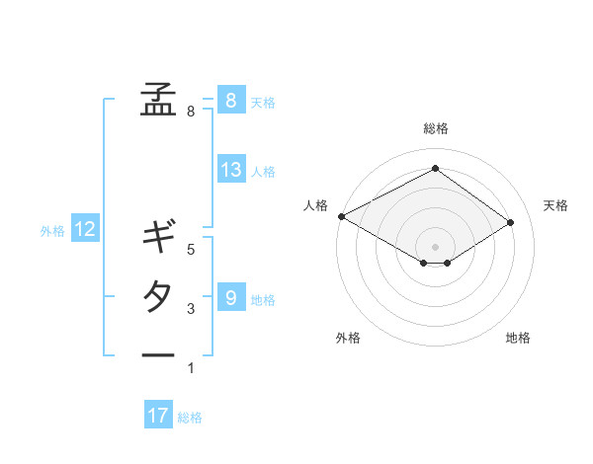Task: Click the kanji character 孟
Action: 158,99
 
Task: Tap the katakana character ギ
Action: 158,237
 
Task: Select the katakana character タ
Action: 158,296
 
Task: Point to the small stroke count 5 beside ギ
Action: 191,250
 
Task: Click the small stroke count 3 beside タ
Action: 191,309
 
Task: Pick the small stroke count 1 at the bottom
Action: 191,368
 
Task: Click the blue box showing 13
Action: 231,170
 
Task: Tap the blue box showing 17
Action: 158,416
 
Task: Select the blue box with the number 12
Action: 85,230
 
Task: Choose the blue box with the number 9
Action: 230,297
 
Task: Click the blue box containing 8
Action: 230,100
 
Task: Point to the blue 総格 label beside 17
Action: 190,418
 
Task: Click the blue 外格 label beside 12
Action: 52,231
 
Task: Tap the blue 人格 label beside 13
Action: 263,172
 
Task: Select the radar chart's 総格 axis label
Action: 435,128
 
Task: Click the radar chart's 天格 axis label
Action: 555,205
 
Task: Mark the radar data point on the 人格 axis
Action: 341,215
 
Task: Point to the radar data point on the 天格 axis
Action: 511,221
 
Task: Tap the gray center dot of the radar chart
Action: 435,246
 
